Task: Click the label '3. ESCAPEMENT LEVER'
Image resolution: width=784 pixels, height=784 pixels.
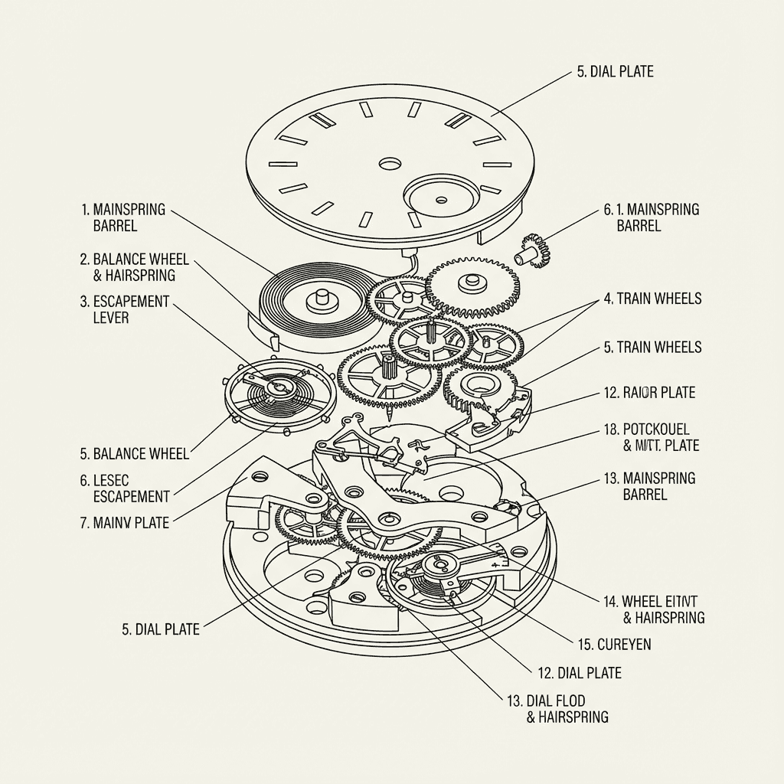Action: pos(124,309)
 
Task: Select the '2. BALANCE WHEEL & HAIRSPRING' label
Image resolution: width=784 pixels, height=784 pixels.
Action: pos(134,267)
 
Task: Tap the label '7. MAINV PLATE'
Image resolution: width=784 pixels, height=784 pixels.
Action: pos(124,524)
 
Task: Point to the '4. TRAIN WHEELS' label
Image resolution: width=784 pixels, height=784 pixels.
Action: pos(652,299)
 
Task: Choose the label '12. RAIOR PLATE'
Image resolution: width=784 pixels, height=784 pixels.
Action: pos(649,393)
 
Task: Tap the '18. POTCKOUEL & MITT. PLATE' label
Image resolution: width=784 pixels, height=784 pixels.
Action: pos(651,437)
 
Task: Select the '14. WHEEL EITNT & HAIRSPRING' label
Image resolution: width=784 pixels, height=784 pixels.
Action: pos(654,609)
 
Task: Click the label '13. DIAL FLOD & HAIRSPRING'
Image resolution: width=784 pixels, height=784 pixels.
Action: pos(557,709)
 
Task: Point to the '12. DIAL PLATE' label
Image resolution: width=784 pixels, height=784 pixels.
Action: pos(579,673)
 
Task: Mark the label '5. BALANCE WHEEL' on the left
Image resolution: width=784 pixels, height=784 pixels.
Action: pos(134,454)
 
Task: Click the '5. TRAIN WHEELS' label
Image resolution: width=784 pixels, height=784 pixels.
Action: pos(652,348)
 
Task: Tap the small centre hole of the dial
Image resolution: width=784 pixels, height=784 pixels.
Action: pos(390,164)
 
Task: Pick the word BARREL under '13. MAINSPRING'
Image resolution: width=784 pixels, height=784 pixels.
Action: pos(645,495)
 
